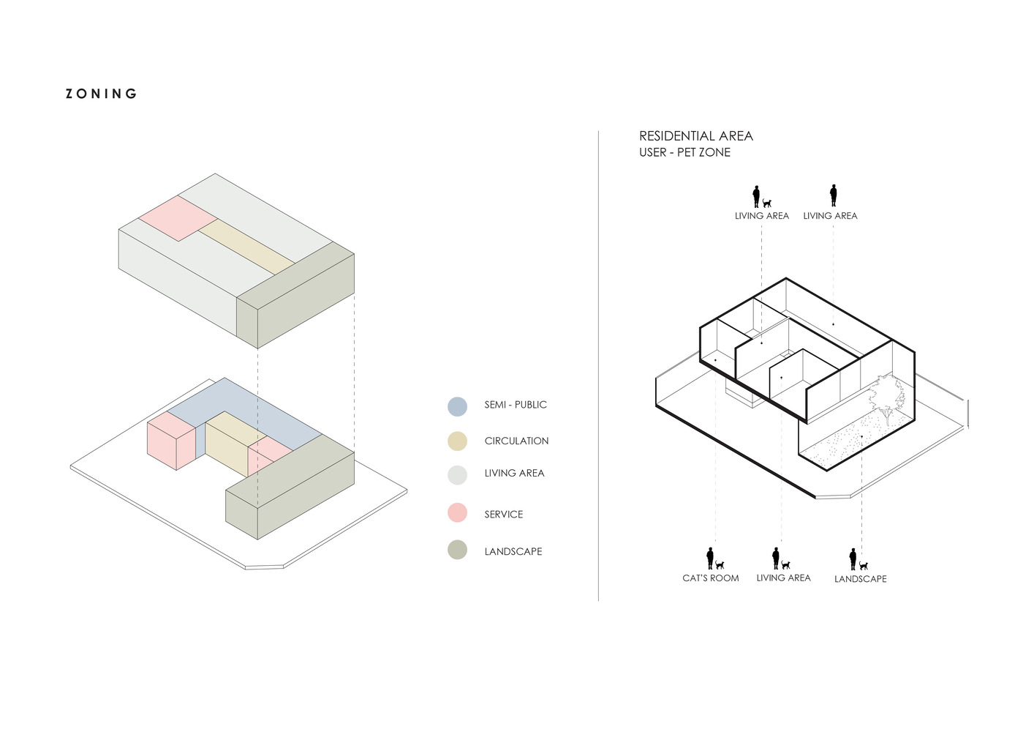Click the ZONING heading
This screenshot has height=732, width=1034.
pos(101,94)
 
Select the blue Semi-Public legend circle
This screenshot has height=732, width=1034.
pos(458,407)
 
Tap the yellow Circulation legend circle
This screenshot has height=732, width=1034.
pos(458,441)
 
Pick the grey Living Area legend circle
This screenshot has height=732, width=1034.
pos(458,475)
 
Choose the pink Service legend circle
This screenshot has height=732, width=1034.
pos(458,512)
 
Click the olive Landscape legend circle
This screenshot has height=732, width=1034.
pos(458,550)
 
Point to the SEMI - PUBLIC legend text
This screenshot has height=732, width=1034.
pos(516,405)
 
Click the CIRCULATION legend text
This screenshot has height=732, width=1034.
pos(516,441)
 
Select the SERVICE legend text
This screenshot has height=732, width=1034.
pos(504,515)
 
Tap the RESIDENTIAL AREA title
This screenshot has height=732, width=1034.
pos(696,136)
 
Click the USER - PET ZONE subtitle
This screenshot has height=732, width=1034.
pos(684,152)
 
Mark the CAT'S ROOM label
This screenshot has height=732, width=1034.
pos(710,578)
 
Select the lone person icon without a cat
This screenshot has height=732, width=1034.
pos(833,195)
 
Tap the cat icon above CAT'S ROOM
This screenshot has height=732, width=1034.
pos(720,564)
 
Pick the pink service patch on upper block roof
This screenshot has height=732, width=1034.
pos(178,218)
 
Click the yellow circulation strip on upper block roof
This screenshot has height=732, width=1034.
pos(247,247)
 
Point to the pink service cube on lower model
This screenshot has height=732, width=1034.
pos(171,441)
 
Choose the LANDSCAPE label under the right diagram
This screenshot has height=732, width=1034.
pos(861,579)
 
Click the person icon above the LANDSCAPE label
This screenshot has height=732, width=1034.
pos(853,559)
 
